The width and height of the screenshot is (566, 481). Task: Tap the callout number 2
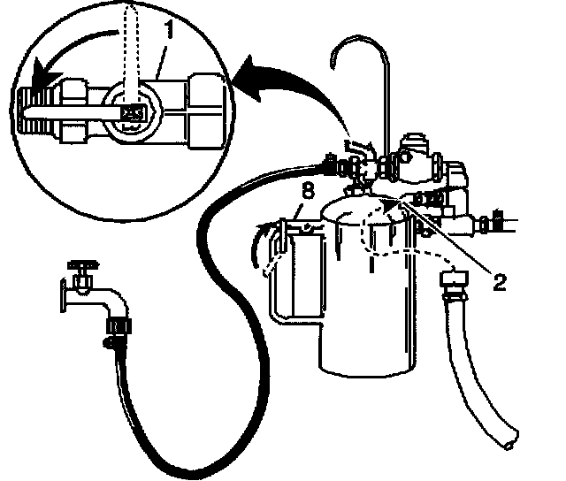click(499, 282)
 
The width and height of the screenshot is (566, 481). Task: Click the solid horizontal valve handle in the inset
click(71, 111)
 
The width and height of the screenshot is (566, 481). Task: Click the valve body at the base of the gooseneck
click(415, 158)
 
